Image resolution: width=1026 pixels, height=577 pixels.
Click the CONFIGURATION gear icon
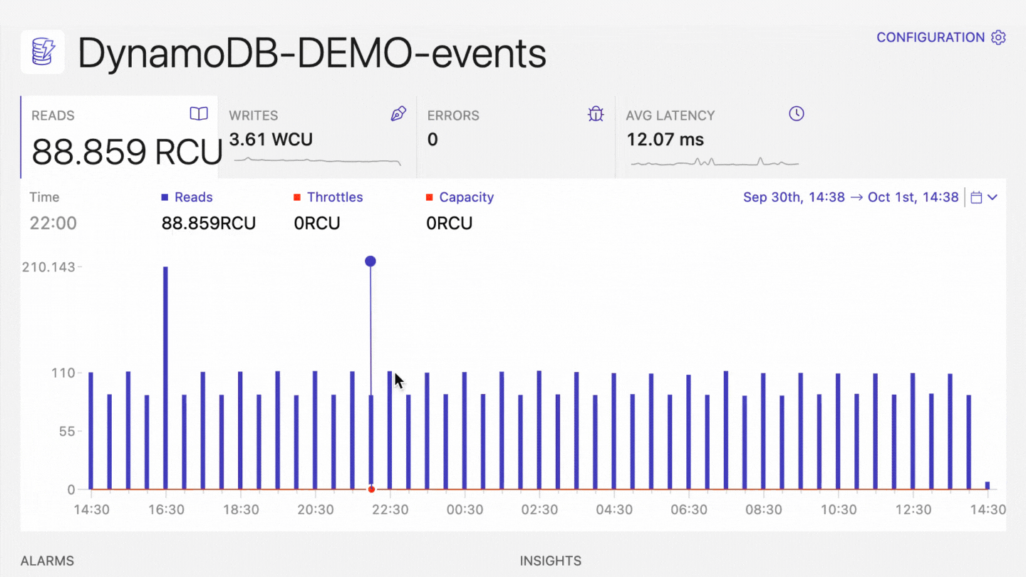[999, 38]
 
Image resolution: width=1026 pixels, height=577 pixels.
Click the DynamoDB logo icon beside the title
[43, 52]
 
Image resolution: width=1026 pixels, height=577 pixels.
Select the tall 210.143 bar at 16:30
[165, 378]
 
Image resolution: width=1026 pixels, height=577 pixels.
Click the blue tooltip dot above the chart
[370, 261]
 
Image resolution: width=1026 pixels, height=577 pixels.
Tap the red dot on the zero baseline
[371, 489]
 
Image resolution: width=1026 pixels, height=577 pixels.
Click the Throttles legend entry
[334, 197]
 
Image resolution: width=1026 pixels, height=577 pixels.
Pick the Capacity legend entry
[466, 197]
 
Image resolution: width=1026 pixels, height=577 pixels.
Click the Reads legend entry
[193, 197]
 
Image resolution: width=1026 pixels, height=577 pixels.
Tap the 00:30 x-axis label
[465, 510]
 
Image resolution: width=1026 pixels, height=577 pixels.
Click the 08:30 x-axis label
[764, 510]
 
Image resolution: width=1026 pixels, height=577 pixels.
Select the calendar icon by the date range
[977, 197]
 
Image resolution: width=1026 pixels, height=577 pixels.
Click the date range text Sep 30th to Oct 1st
[851, 197]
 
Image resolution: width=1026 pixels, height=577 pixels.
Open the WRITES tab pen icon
[398, 114]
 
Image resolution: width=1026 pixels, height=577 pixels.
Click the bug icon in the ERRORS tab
[596, 114]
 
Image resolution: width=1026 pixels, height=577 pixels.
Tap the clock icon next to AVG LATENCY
[797, 114]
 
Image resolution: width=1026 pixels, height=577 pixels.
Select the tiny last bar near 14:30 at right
[988, 485]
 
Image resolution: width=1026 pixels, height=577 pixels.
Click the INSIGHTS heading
[550, 561]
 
